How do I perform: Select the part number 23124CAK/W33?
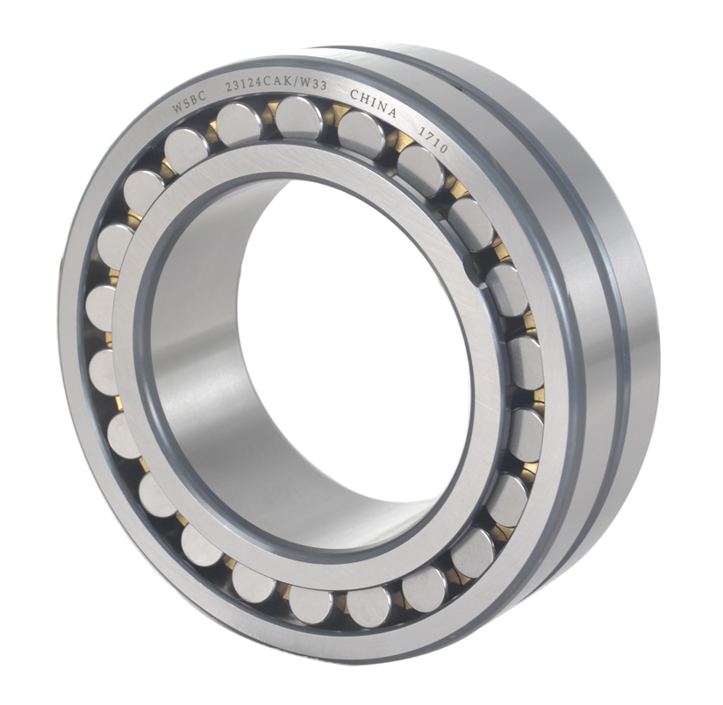click(276, 85)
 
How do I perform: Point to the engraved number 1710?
click(432, 139)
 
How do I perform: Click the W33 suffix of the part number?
click(315, 85)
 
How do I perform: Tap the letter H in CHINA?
click(364, 99)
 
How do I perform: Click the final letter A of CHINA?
click(391, 112)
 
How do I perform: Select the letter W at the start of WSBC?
click(177, 108)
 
